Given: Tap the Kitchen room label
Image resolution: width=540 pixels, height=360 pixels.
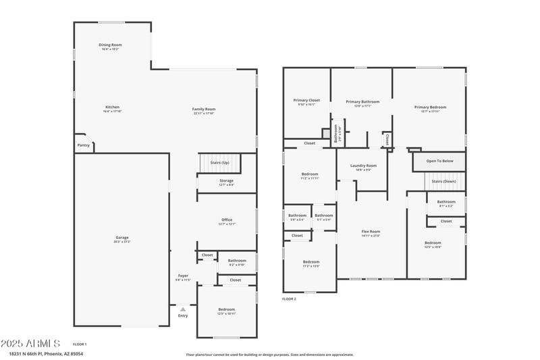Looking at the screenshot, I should pyautogui.click(x=112, y=107).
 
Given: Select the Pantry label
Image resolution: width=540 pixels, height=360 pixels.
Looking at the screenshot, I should pyautogui.click(x=83, y=145).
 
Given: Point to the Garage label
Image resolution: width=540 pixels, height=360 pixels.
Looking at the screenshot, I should pyautogui.click(x=122, y=238).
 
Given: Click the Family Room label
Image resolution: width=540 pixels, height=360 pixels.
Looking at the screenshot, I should pyautogui.click(x=203, y=109).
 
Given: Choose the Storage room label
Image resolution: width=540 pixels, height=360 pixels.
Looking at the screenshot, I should pyautogui.click(x=226, y=181).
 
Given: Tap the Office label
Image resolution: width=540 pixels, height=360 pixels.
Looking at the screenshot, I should pyautogui.click(x=226, y=220).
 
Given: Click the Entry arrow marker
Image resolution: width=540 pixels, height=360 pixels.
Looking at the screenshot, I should pyautogui.click(x=182, y=310).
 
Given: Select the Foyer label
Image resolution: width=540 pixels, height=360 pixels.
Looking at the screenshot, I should pyautogui.click(x=182, y=276).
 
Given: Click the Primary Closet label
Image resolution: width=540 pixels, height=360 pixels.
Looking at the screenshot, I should pyautogui.click(x=308, y=101).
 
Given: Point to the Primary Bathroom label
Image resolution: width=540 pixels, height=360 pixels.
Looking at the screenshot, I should pyautogui.click(x=362, y=102).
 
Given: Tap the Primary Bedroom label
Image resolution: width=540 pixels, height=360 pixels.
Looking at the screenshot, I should pyautogui.click(x=430, y=107).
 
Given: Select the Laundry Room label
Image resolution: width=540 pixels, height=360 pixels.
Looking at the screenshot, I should pyautogui.click(x=363, y=165).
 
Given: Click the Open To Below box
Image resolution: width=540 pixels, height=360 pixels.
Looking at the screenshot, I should pyautogui.click(x=444, y=161).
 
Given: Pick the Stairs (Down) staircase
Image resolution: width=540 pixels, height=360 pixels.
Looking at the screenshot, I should pyautogui.click(x=444, y=181).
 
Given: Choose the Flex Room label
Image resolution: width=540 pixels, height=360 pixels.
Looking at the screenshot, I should pyautogui.click(x=371, y=232).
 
